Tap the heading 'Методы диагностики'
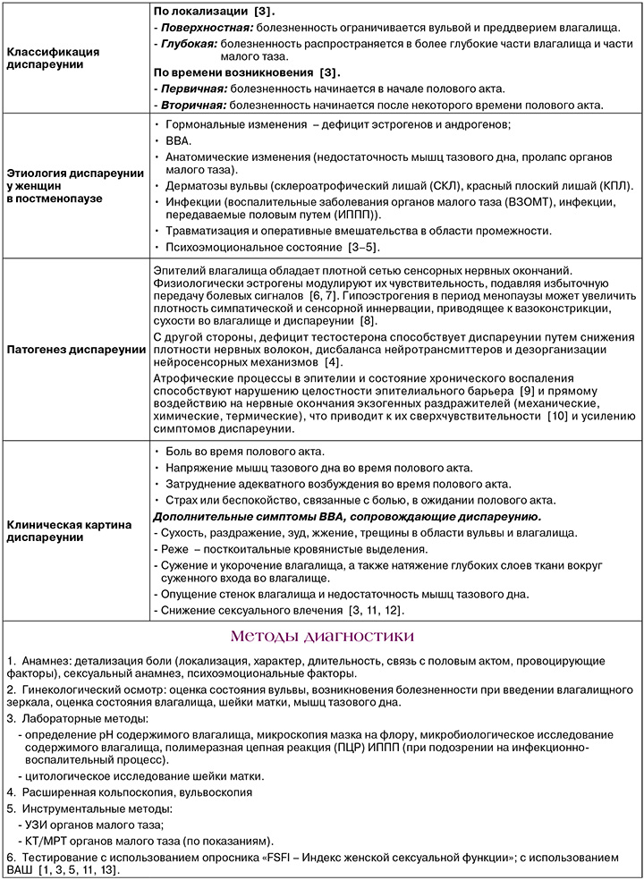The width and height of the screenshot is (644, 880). coord(322,636)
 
